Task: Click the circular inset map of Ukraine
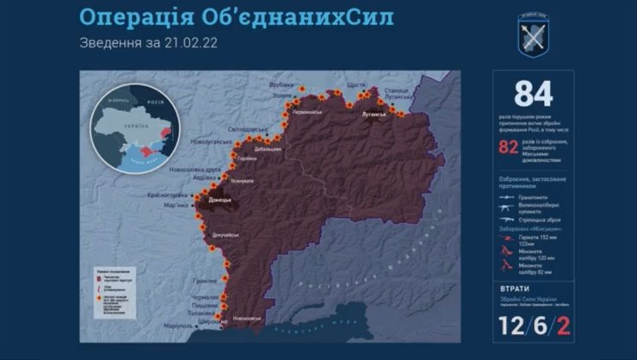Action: tap(137, 130)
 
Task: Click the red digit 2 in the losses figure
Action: tap(564, 325)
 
